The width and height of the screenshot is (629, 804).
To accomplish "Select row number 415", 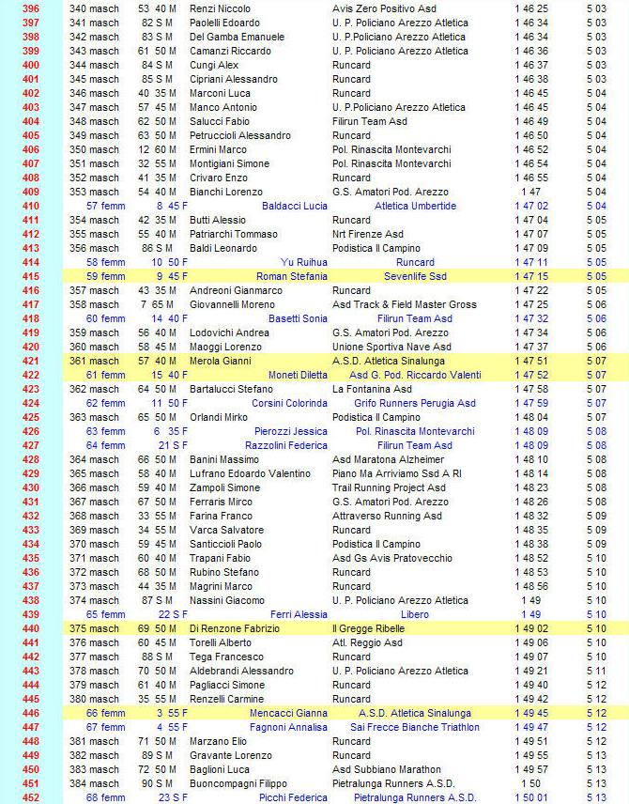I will pyautogui.click(x=31, y=276).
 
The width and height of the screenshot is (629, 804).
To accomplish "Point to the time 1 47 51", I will pyautogui.click(x=531, y=361).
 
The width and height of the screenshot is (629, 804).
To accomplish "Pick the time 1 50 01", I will pyautogui.click(x=531, y=797).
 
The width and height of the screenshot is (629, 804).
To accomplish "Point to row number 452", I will pyautogui.click(x=31, y=797).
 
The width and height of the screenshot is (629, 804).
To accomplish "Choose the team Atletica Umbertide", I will pyautogui.click(x=415, y=206).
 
